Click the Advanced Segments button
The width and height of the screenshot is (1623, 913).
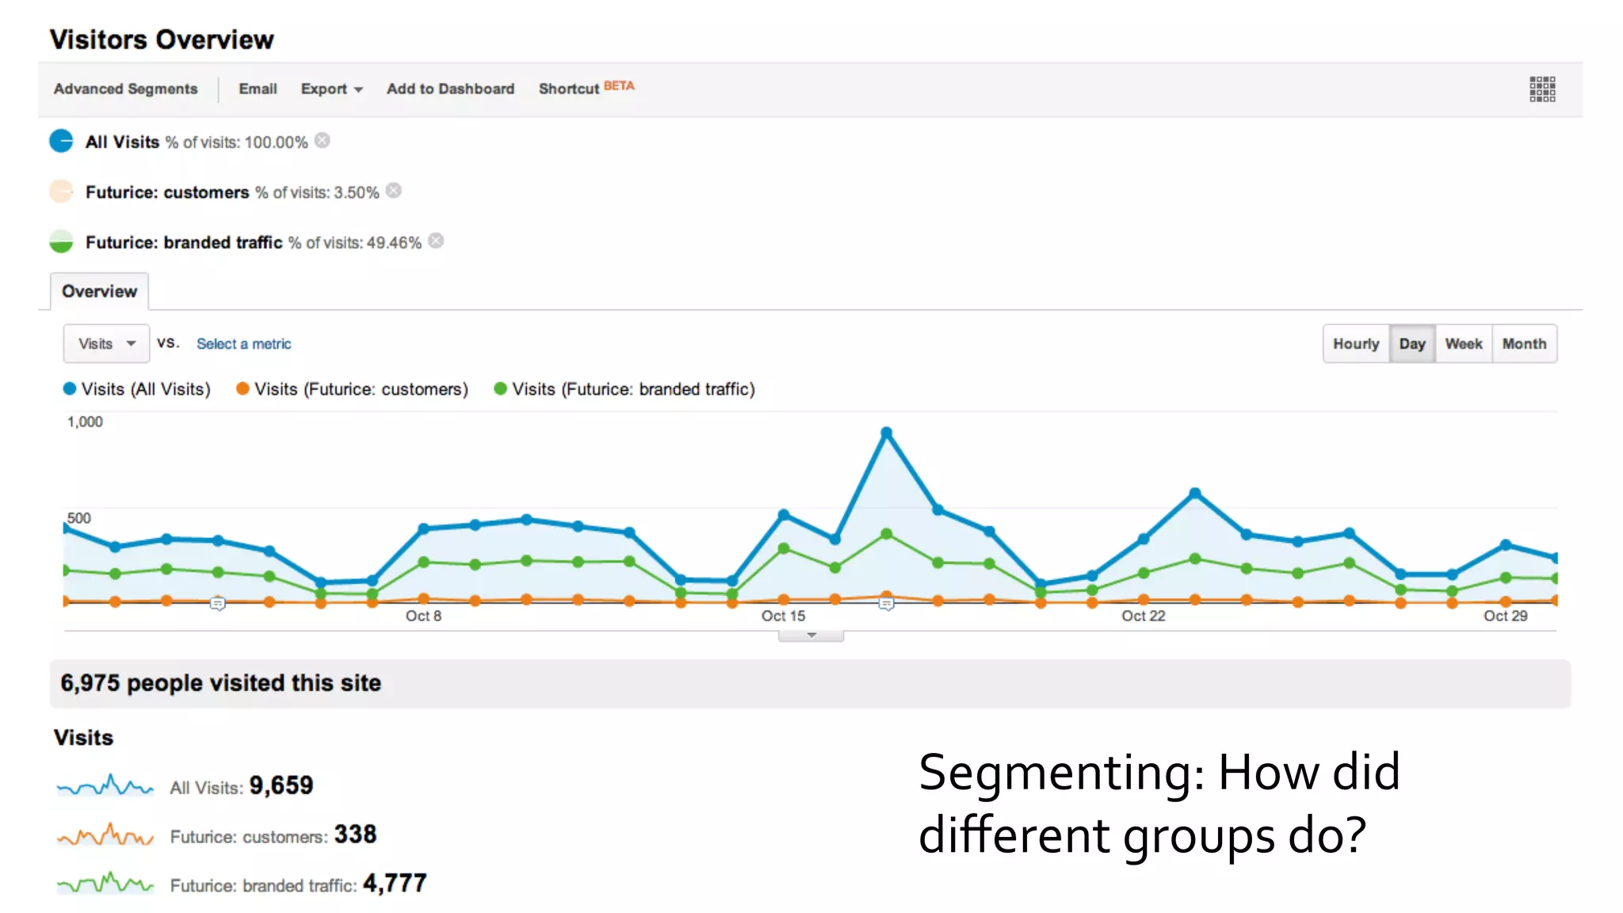[x=125, y=89]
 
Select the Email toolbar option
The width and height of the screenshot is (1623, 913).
[x=258, y=89]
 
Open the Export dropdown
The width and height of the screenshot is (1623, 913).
[x=331, y=89]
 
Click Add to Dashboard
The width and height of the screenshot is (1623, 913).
[x=450, y=89]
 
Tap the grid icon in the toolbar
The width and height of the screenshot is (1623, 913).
[x=1542, y=90]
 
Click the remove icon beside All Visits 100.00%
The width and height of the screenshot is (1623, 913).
[x=322, y=140]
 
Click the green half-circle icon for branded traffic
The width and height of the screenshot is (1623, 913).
[x=61, y=242]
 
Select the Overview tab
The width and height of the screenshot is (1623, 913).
[x=99, y=292]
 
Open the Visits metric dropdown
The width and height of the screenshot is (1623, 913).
[x=106, y=344]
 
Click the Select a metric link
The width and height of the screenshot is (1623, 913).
[x=243, y=344]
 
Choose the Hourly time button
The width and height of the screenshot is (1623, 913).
[x=1355, y=344]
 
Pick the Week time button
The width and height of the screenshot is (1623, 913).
[x=1463, y=344]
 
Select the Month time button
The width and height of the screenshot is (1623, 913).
[x=1524, y=344]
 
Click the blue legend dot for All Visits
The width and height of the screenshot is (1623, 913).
[x=70, y=388]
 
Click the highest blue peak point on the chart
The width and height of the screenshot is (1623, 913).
[x=886, y=433]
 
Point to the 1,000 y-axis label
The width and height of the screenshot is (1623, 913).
[x=85, y=422]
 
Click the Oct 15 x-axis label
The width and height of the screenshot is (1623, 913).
[x=783, y=616]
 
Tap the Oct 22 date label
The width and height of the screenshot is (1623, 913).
[x=1143, y=616]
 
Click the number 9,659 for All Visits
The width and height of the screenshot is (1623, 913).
[x=281, y=785]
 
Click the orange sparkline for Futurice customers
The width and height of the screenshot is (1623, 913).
[x=105, y=835]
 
